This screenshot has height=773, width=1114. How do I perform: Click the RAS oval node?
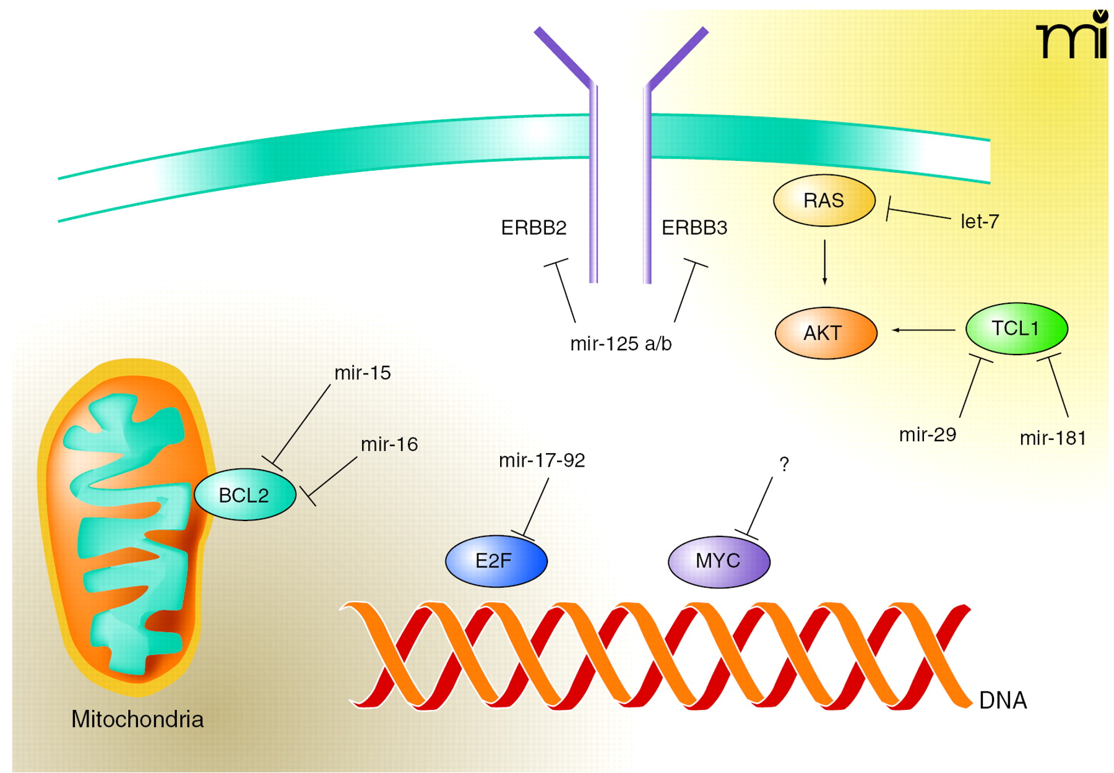pyautogui.click(x=824, y=201)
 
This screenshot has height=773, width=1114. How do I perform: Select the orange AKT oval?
pyautogui.click(x=826, y=333)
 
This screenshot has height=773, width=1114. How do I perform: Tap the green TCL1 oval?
pyautogui.click(x=1016, y=329)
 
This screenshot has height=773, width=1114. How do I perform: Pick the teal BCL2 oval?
pyautogui.click(x=244, y=495)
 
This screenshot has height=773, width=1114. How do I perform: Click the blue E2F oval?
pyautogui.click(x=496, y=561)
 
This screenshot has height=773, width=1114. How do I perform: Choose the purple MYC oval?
pyautogui.click(x=719, y=561)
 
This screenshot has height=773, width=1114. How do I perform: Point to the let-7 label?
pyautogui.click(x=979, y=222)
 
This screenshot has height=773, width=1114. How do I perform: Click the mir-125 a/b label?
pyautogui.click(x=621, y=343)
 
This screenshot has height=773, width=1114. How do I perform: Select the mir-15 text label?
pyautogui.click(x=363, y=373)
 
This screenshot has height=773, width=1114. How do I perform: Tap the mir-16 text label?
pyautogui.click(x=389, y=444)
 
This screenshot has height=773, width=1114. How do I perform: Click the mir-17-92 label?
pyautogui.click(x=542, y=460)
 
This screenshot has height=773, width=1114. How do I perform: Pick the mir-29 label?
pyautogui.click(x=927, y=435)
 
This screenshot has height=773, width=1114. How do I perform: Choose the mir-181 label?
pyautogui.click(x=1052, y=438)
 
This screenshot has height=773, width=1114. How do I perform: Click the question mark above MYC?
pyautogui.click(x=784, y=464)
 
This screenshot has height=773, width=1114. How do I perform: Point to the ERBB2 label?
pyautogui.click(x=533, y=228)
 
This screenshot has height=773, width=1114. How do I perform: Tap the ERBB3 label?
pyautogui.click(x=694, y=228)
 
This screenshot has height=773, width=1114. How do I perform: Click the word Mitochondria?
pyautogui.click(x=137, y=719)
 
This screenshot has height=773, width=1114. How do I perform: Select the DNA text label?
pyautogui.click(x=1003, y=701)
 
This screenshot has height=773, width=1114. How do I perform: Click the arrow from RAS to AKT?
pyautogui.click(x=824, y=262)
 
